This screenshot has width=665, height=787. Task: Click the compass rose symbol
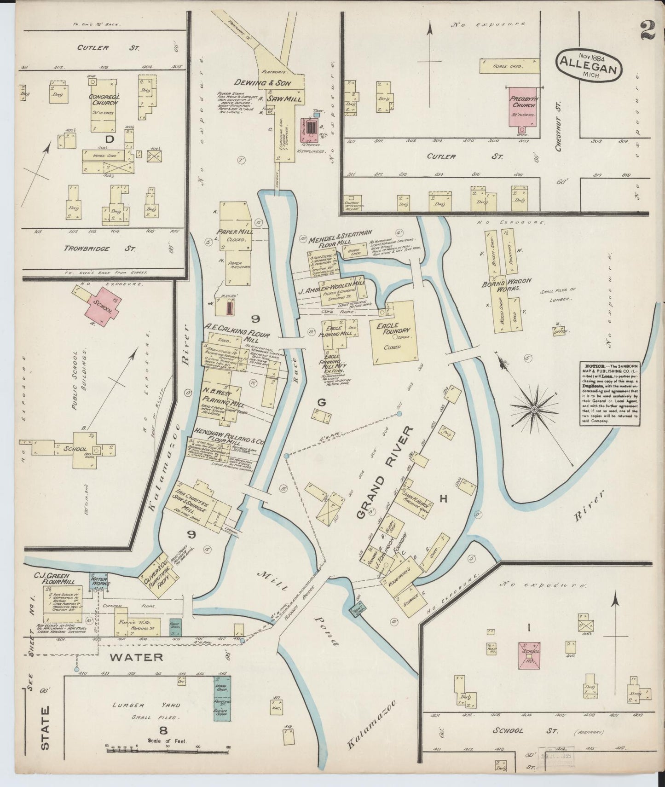pyautogui.click(x=534, y=410)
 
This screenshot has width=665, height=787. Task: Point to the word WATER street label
pyautogui.click(x=137, y=657)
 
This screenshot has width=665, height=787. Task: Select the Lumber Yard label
pyautogui.click(x=138, y=705)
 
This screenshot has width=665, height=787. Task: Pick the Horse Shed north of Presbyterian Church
pyautogui.click(x=509, y=66)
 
